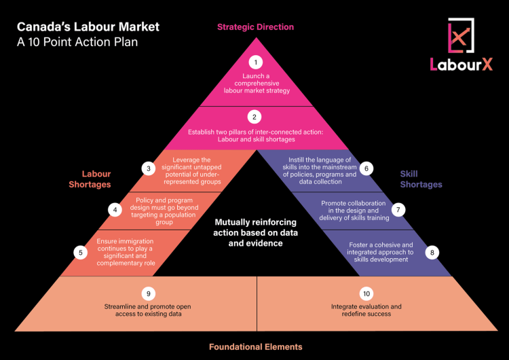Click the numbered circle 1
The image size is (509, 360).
pyautogui.click(x=255, y=62)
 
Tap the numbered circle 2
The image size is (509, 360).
pyautogui.click(x=255, y=116)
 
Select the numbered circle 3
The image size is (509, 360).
pyautogui.click(x=149, y=168)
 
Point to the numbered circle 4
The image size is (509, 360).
pyautogui.click(x=116, y=210)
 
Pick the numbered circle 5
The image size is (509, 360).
pyautogui.click(x=81, y=252)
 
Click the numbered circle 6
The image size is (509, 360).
pyautogui.click(x=366, y=168)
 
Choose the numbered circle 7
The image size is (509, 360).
pyautogui.click(x=398, y=209)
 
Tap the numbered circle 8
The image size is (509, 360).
pyautogui.click(x=431, y=252)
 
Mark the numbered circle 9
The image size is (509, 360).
pyautogui.click(x=149, y=293)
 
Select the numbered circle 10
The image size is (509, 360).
pyautogui.click(x=366, y=293)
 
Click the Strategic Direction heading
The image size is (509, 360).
pyautogui.click(x=255, y=27)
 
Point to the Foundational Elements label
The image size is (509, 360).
pyautogui.click(x=255, y=346)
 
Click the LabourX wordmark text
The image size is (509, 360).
pyautogui.click(x=461, y=65)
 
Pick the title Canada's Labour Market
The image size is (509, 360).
pyautogui.click(x=88, y=27)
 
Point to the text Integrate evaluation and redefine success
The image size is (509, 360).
pyautogui.click(x=366, y=310)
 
